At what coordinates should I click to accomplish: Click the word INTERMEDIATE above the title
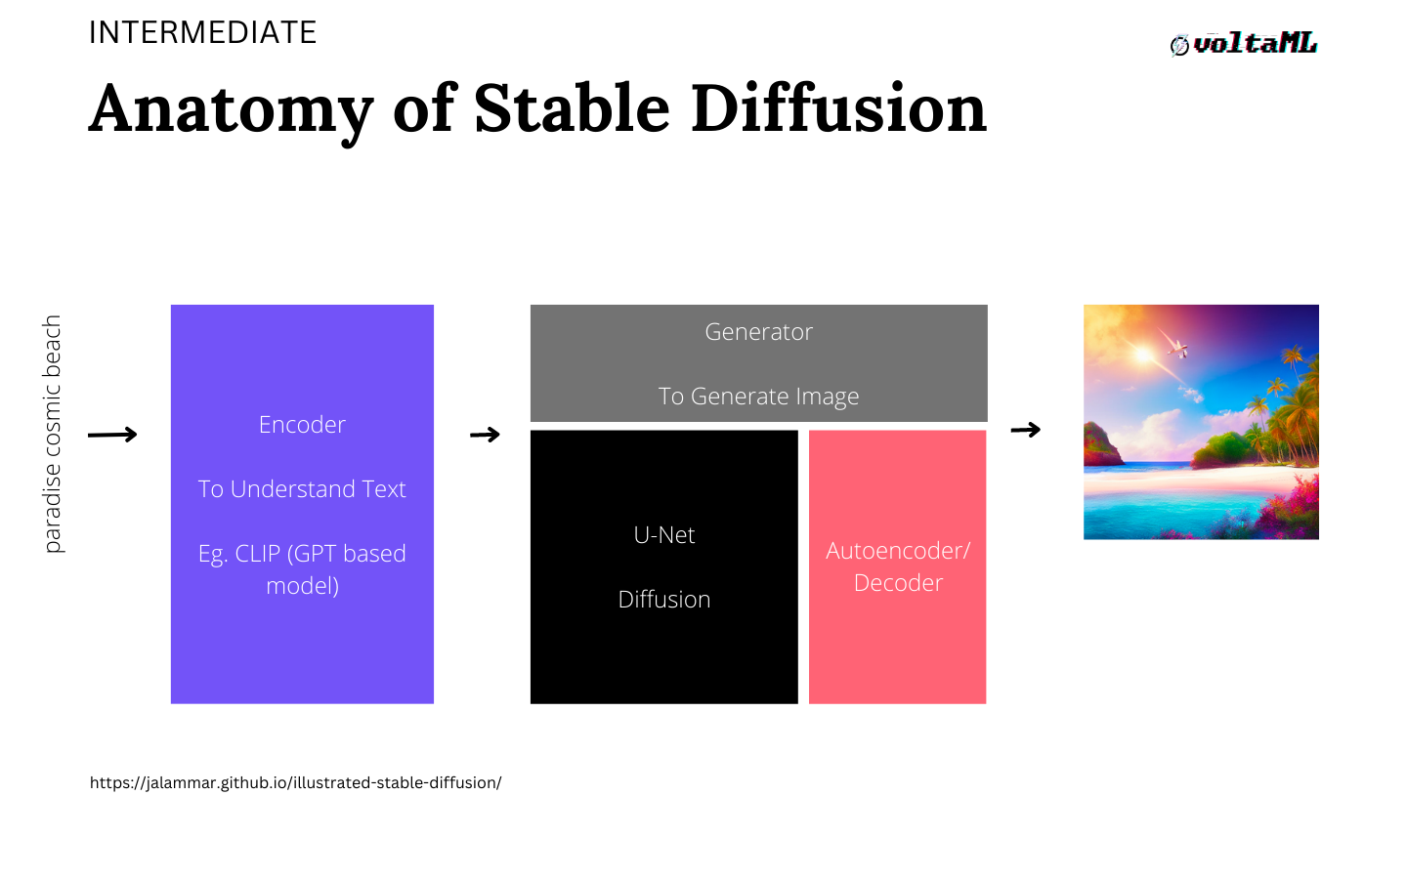[202, 32]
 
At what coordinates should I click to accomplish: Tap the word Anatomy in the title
[231, 110]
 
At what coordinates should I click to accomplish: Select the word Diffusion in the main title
[838, 108]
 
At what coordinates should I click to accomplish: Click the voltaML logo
[1244, 44]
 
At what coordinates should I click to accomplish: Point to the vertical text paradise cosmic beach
[52, 434]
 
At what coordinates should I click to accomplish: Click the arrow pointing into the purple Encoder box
[112, 435]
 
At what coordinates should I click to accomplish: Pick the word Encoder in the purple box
[302, 425]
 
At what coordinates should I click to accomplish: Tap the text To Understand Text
[302, 489]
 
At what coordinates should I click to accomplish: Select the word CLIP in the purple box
[258, 554]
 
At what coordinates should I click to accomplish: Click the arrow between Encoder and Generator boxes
[485, 435]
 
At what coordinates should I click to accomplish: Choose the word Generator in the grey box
[759, 332]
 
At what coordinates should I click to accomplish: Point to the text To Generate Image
[759, 397]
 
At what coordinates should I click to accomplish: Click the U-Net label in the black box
[664, 535]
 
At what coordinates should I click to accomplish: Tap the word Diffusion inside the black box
[664, 600]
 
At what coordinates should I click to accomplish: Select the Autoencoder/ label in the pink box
[898, 551]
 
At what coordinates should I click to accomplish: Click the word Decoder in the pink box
[898, 583]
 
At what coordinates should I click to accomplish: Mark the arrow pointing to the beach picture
[1026, 430]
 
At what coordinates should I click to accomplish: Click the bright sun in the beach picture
[1143, 356]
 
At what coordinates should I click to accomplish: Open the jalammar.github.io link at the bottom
[295, 783]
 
